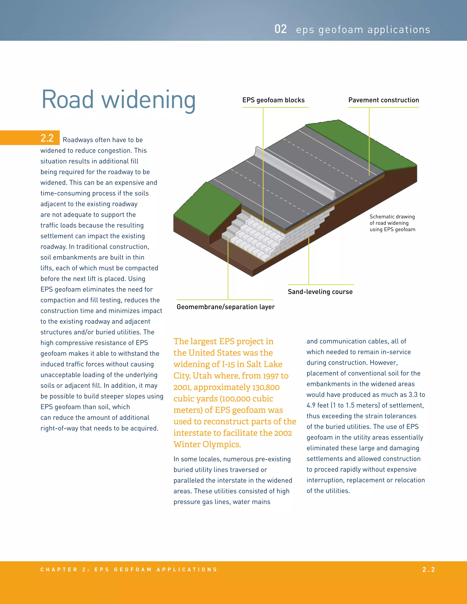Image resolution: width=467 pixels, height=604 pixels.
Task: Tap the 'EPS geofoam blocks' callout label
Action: (273, 100)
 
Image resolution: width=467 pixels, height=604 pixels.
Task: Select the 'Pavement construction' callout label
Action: (384, 100)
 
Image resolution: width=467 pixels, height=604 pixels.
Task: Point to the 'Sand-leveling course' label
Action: (320, 292)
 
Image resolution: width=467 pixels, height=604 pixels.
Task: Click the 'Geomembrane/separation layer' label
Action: (226, 307)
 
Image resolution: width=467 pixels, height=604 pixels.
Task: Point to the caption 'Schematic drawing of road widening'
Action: (392, 223)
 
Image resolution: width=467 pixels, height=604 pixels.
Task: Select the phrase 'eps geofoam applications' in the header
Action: (363, 30)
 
